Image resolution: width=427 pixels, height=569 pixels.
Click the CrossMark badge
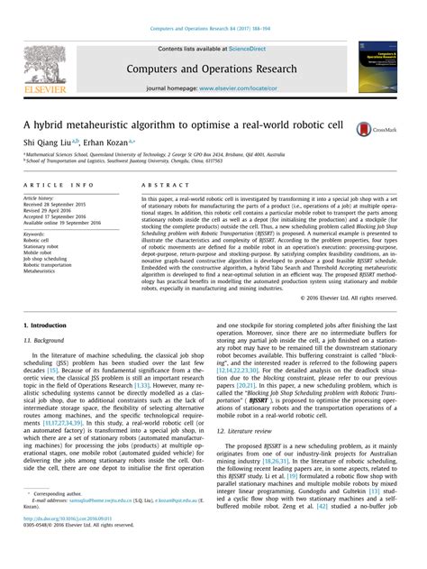(x=378, y=130)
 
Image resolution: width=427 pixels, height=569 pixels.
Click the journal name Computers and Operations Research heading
(x=213, y=69)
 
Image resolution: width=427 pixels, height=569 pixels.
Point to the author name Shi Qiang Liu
(x=45, y=142)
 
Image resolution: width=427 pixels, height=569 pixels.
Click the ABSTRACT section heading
(x=159, y=184)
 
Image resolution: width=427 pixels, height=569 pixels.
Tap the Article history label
(x=44, y=197)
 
